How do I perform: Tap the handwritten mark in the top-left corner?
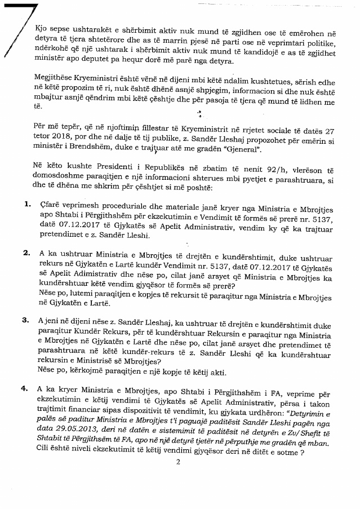pyautogui.click(x=23, y=28)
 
